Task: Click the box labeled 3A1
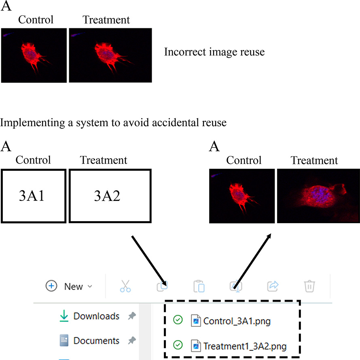pyautogui.click(x=34, y=196)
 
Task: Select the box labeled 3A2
pyautogui.click(x=110, y=196)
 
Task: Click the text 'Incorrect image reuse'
pyautogui.click(x=214, y=52)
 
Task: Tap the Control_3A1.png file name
pyautogui.click(x=237, y=322)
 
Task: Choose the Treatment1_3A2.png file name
pyautogui.click(x=245, y=346)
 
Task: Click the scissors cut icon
pyautogui.click(x=125, y=286)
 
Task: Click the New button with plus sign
pyautogui.click(x=69, y=286)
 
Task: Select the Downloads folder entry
pyautogui.click(x=96, y=316)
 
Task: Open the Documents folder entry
pyautogui.click(x=96, y=341)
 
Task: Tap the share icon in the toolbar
pyautogui.click(x=273, y=286)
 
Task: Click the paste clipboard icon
pyautogui.click(x=199, y=286)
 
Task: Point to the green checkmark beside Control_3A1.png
pyautogui.click(x=178, y=321)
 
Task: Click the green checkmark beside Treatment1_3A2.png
pyautogui.click(x=178, y=345)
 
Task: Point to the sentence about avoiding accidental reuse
pyautogui.click(x=114, y=123)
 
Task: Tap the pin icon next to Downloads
pyautogui.click(x=131, y=316)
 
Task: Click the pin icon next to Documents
pyautogui.click(x=131, y=341)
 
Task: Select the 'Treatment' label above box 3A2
pyautogui.click(x=104, y=160)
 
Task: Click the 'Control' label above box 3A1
pyautogui.click(x=33, y=160)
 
